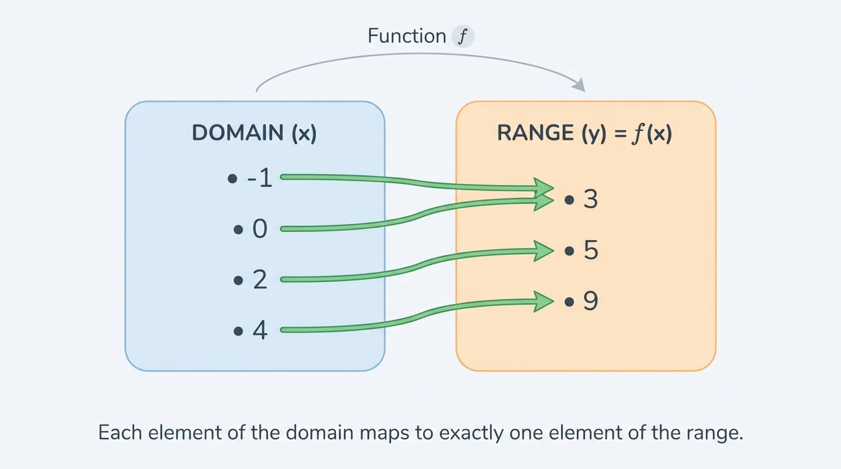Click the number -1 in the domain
pos(259,179)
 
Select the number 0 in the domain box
pos(260,230)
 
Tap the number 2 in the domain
pos(260,280)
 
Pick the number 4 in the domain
pos(260,330)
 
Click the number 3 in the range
pos(590,200)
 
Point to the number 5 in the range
pos(590,250)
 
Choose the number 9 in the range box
pos(590,301)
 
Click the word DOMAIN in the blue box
pos(237,133)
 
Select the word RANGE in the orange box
pos(535,133)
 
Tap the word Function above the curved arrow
pos(406,36)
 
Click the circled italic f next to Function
pos(463,37)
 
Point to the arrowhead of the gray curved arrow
pos(579,85)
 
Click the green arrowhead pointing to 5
pos(543,250)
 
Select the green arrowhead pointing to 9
pos(543,301)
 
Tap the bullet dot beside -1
pos(232,180)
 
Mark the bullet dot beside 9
pos(570,302)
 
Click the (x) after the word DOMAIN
pos(304,133)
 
